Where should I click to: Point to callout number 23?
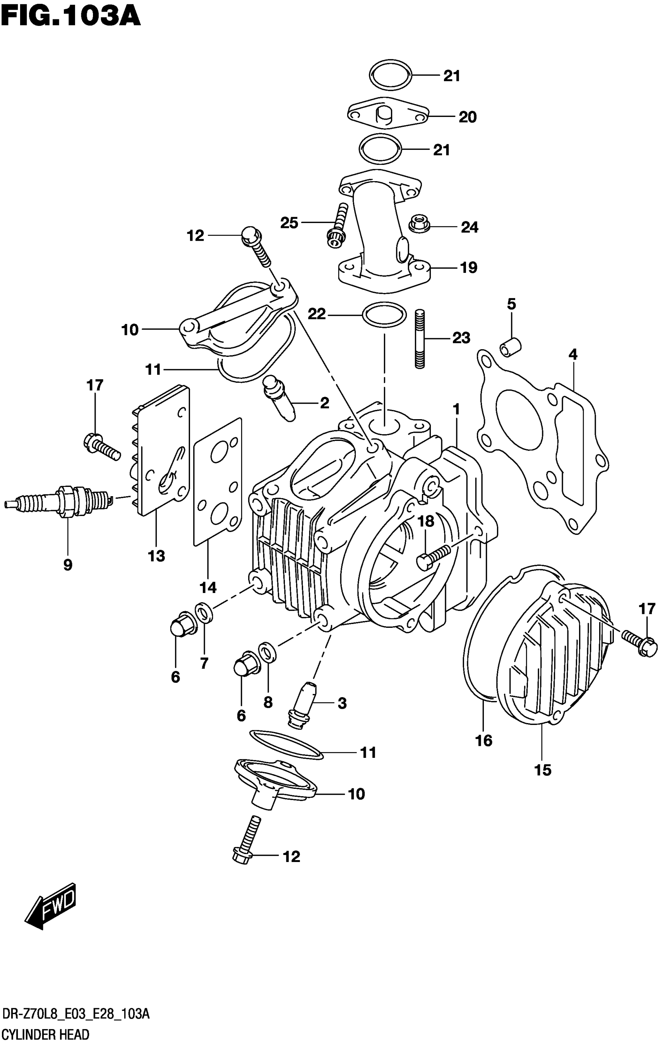[x=461, y=338]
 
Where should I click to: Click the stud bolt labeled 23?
[x=420, y=339]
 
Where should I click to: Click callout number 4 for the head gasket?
[x=573, y=355]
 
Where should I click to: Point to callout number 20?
[x=468, y=117]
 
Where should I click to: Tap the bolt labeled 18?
[x=435, y=557]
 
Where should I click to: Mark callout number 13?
[x=156, y=556]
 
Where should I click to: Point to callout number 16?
[x=483, y=740]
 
